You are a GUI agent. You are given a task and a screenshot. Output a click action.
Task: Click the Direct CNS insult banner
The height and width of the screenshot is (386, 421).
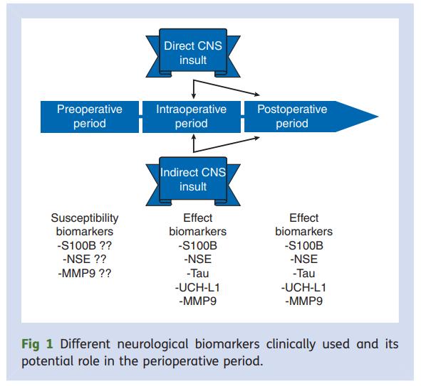pyautogui.click(x=193, y=53)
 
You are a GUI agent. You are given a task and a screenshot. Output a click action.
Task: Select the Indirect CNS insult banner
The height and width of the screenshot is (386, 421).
pyautogui.click(x=193, y=181)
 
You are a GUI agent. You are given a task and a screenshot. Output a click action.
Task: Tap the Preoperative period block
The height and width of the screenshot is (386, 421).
pyautogui.click(x=90, y=117)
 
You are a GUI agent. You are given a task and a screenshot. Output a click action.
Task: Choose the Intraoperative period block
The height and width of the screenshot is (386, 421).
pyautogui.click(x=192, y=117)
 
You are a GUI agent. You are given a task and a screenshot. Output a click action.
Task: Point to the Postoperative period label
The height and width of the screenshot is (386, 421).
pyautogui.click(x=292, y=117)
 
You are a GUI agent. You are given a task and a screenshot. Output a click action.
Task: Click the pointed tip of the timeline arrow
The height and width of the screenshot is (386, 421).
pyautogui.click(x=378, y=117)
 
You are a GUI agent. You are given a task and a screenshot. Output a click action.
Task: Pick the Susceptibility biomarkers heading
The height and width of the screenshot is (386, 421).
pyautogui.click(x=85, y=225)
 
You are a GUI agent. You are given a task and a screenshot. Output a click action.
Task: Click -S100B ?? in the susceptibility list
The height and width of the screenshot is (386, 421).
pyautogui.click(x=84, y=246)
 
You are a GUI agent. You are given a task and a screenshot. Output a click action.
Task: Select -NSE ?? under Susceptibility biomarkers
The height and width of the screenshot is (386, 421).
pyautogui.click(x=85, y=259)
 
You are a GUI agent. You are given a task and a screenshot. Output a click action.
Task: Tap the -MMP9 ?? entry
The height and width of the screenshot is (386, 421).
pyautogui.click(x=85, y=273)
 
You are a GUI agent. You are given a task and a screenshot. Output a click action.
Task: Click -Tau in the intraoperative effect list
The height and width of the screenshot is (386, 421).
pyautogui.click(x=198, y=273)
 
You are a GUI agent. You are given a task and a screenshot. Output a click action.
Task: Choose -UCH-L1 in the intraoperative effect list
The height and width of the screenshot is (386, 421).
pyautogui.click(x=197, y=287)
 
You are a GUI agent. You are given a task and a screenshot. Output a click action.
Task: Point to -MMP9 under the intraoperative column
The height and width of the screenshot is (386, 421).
pyautogui.click(x=198, y=301)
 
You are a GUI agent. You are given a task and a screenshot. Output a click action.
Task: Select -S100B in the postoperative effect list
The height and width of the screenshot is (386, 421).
pyautogui.click(x=304, y=246)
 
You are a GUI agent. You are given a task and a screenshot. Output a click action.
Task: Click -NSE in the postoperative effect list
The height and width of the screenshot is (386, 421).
pyautogui.click(x=304, y=259)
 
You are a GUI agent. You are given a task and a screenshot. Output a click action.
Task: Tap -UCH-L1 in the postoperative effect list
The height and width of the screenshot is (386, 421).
pyautogui.click(x=303, y=287)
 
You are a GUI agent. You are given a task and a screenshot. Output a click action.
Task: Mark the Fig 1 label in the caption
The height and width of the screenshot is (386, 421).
pyautogui.click(x=37, y=344)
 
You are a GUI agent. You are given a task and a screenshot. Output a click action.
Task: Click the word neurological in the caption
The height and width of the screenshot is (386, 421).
pyautogui.click(x=152, y=345)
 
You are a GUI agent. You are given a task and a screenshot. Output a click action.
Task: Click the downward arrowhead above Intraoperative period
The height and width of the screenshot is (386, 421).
pyautogui.click(x=193, y=96)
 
